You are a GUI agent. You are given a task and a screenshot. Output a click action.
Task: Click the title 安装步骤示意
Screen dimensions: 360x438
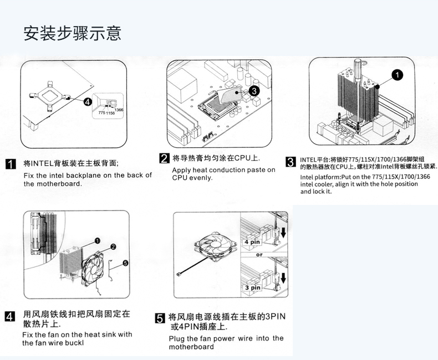click(x=72, y=33)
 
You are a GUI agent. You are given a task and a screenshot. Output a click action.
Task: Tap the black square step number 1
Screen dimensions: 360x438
click(x=9, y=164)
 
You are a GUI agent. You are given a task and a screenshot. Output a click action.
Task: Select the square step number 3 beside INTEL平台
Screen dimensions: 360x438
click(x=289, y=162)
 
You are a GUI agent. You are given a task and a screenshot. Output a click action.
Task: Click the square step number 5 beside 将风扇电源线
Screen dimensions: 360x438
click(x=160, y=318)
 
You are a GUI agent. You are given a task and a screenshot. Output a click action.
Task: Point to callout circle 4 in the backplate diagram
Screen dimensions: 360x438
click(x=88, y=101)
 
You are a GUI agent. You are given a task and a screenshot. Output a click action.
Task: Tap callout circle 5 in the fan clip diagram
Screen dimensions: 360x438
click(x=125, y=263)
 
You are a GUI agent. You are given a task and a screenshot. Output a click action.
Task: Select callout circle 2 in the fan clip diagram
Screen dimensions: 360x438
click(x=113, y=246)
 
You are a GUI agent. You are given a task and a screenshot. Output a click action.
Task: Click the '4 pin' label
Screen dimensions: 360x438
click(x=252, y=243)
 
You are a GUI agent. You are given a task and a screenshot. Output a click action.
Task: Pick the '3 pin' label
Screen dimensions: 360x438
click(x=252, y=287)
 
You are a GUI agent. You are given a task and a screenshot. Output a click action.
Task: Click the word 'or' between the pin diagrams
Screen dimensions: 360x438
click(x=259, y=255)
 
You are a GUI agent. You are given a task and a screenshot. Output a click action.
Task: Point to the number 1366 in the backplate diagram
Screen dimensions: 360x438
click(x=119, y=111)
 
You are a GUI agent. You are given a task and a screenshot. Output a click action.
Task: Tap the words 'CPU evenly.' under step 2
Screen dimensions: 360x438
click(x=192, y=178)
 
